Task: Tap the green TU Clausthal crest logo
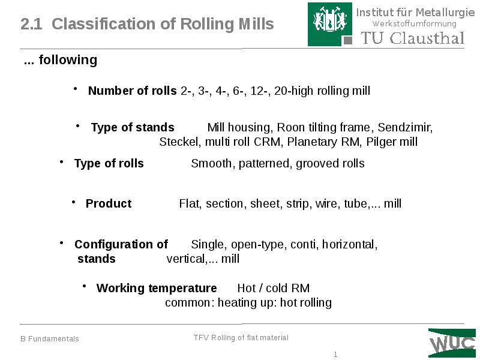tap(330, 24)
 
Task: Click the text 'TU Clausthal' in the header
tap(412, 38)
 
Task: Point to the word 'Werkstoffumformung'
tap(415, 24)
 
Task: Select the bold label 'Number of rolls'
tap(132, 91)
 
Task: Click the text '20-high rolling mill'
tap(322, 91)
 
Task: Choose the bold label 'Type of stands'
tap(133, 127)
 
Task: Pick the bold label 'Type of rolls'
tap(109, 163)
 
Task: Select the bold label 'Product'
tap(109, 203)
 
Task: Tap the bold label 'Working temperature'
tap(157, 288)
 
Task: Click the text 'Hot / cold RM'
tap(274, 288)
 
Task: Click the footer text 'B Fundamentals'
tap(50, 339)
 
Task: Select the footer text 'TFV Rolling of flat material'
tap(241, 338)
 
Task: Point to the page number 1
tap(336, 355)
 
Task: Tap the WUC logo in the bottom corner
tap(452, 343)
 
